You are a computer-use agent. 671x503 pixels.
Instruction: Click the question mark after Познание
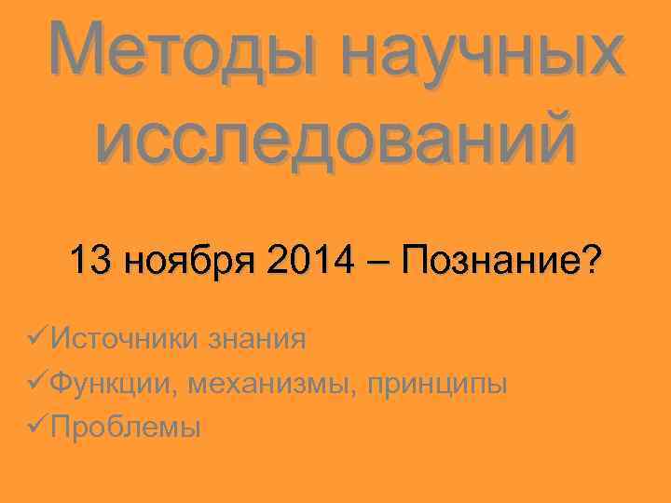(591, 260)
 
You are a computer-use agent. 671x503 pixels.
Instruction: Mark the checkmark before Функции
(38, 383)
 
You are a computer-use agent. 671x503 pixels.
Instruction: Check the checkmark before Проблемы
(38, 428)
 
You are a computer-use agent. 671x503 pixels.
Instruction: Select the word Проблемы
(126, 428)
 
